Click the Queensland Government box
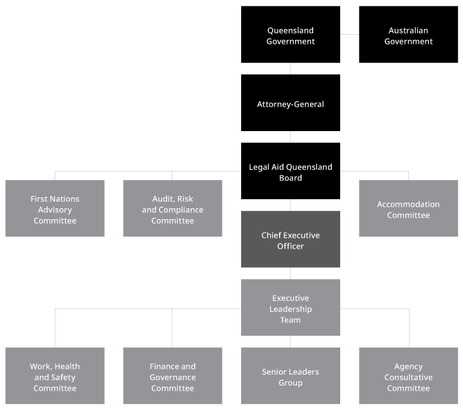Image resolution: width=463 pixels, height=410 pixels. coord(291,35)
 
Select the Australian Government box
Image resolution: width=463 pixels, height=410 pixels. coord(408,35)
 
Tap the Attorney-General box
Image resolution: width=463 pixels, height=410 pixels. coord(291,103)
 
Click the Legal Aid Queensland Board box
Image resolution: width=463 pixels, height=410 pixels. coord(291,172)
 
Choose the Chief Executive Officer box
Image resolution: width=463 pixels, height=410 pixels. coord(291,240)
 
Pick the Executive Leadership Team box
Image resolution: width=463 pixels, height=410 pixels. coord(291,308)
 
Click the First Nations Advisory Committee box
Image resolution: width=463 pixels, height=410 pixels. coord(55,209)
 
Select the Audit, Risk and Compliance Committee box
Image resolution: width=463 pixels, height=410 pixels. coord(172,209)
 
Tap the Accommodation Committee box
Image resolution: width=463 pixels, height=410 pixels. coord(408,209)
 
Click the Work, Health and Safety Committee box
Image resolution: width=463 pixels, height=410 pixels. coord(55,377)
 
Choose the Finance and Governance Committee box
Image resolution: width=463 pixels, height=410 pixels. coord(172,377)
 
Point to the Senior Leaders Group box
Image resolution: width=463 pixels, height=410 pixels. coord(291,377)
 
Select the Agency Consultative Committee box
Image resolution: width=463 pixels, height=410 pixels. coord(408,377)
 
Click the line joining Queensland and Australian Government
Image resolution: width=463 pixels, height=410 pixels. coord(349,34)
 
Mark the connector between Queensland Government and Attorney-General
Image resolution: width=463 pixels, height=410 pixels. coord(291,69)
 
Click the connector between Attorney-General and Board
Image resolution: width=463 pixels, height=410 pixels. coord(291,137)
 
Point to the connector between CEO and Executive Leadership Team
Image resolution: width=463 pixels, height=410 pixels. coord(291,273)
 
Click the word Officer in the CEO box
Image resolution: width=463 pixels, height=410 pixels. coord(291,246)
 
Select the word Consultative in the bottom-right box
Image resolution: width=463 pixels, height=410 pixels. coord(408,377)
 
